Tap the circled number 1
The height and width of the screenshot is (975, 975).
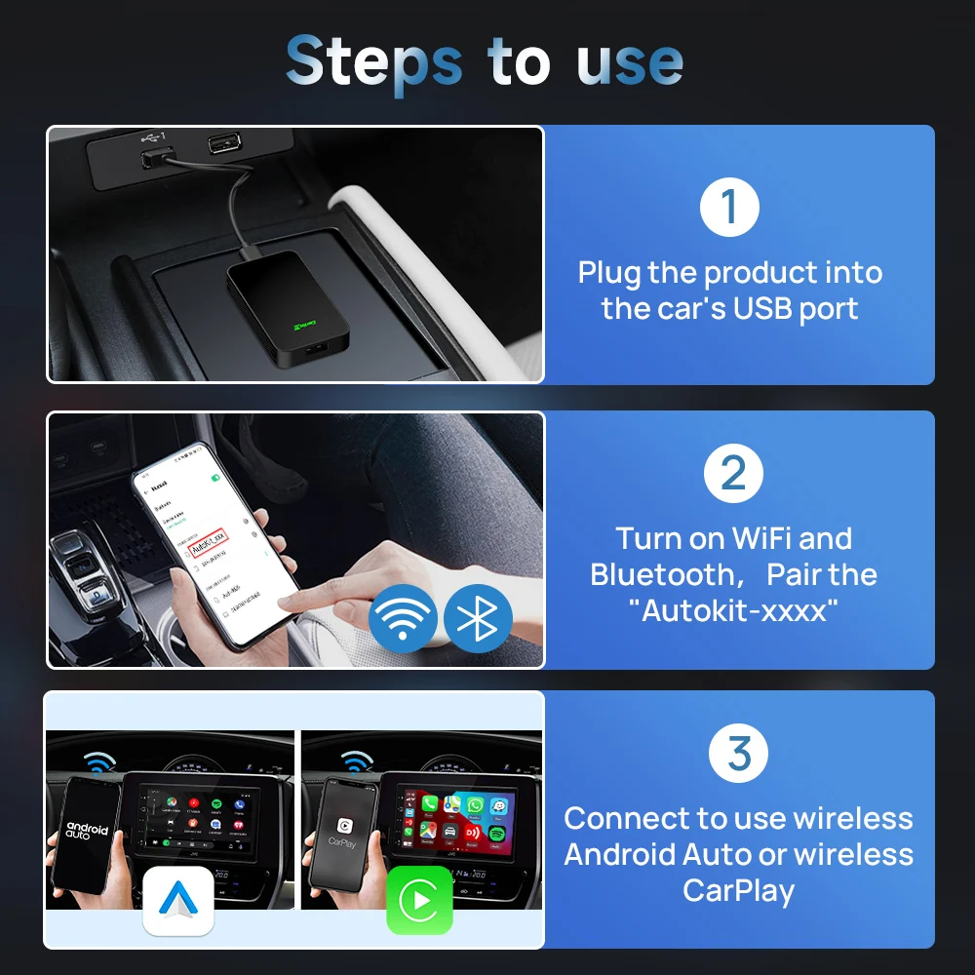click(x=730, y=206)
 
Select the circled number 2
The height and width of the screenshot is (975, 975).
click(x=732, y=473)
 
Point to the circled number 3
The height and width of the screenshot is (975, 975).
click(x=739, y=753)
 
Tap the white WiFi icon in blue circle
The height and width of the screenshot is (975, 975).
click(x=403, y=617)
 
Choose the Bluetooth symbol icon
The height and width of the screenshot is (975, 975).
click(x=478, y=617)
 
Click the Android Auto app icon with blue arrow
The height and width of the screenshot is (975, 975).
click(x=177, y=900)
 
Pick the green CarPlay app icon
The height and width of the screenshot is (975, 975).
click(x=419, y=900)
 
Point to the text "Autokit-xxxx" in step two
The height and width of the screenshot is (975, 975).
click(x=734, y=611)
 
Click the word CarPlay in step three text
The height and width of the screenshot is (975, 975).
click(x=738, y=890)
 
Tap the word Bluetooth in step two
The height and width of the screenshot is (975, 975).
click(x=660, y=574)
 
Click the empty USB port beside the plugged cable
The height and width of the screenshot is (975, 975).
click(x=224, y=143)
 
